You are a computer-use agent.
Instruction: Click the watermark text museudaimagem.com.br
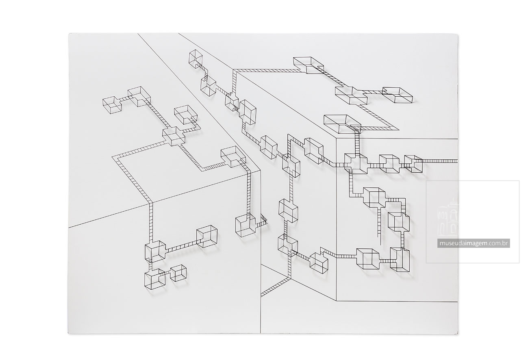pyautogui.click(x=474, y=243)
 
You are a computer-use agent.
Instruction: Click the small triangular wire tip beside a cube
pyautogui.click(x=264, y=221)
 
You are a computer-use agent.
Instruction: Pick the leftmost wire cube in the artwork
pyautogui.click(x=112, y=104)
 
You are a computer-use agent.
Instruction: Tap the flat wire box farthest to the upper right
pyautogui.click(x=398, y=95)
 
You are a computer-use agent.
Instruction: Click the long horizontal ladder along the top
pyautogui.click(x=265, y=70)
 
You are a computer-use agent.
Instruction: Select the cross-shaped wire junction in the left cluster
pyautogui.click(x=174, y=136)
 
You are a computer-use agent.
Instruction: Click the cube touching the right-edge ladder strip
pyautogui.click(x=413, y=164)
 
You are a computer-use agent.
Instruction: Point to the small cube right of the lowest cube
pyautogui.click(x=178, y=273)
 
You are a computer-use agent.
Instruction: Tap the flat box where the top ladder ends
pyautogui.click(x=309, y=65)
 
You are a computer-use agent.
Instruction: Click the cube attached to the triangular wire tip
pyautogui.click(x=246, y=225)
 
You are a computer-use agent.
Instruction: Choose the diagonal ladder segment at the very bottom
pyautogui.click(x=276, y=286)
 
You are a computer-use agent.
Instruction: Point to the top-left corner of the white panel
pyautogui.click(x=69, y=33)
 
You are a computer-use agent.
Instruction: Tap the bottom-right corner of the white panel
pyautogui.click(x=458, y=334)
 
